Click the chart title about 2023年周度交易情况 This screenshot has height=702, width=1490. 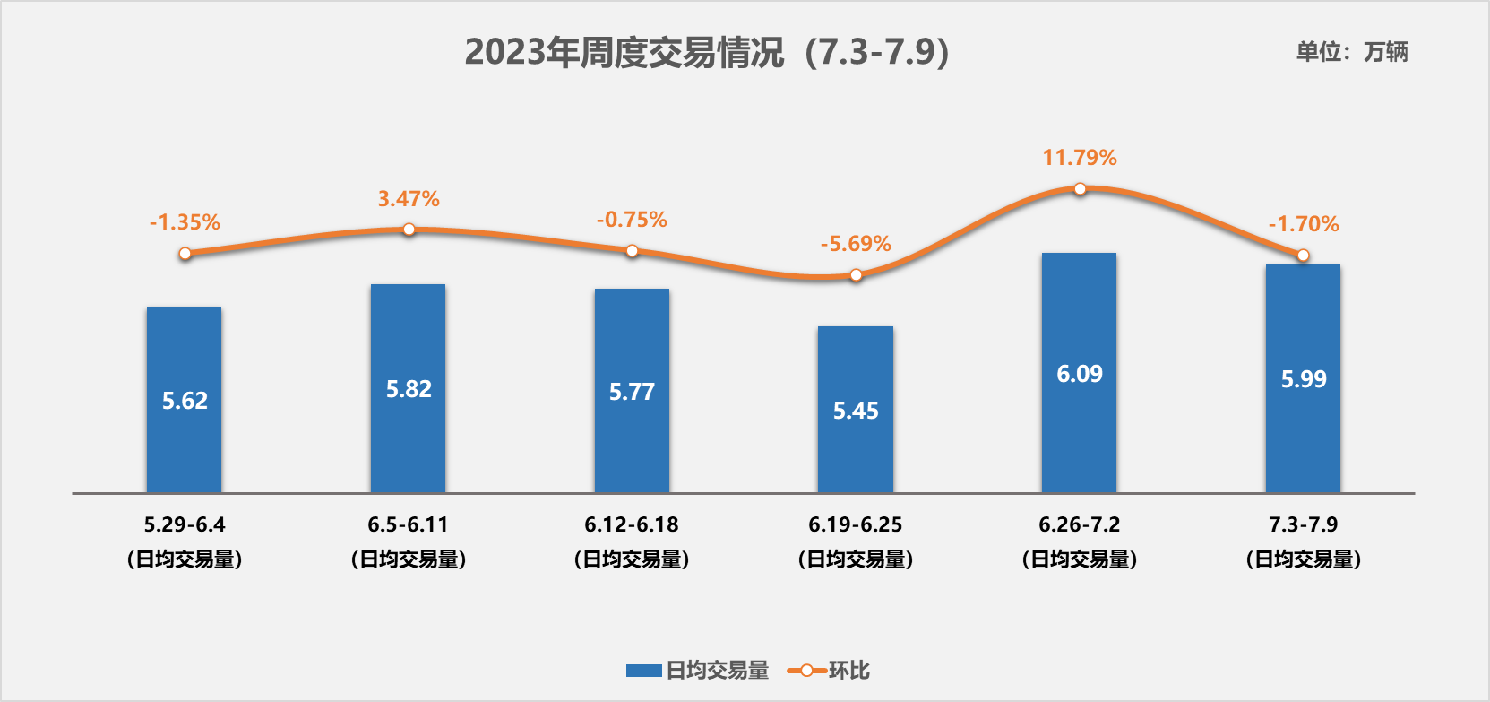coord(706,52)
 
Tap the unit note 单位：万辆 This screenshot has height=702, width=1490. coord(1351,52)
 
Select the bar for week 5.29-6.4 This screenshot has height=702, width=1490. coord(184,399)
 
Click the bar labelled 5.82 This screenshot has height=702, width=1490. coord(408,388)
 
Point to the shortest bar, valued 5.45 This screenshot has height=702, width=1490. coord(856,410)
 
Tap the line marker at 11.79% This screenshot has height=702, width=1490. coord(1080,189)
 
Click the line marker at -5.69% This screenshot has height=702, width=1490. coord(856,275)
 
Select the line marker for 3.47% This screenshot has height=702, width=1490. coord(409,230)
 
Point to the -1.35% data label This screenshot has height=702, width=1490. coord(185,222)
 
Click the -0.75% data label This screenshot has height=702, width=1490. coord(632,220)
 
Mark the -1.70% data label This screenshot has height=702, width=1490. coord(1303,224)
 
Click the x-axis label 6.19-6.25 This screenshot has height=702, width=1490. coord(856,524)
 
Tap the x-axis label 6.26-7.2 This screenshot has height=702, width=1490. coord(1079,524)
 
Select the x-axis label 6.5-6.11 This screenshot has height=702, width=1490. coord(408,524)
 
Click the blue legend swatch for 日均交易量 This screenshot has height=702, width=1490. coord(643,671)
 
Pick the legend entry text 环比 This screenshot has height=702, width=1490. coord(848,671)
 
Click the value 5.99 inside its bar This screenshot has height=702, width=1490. coord(1303,379)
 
